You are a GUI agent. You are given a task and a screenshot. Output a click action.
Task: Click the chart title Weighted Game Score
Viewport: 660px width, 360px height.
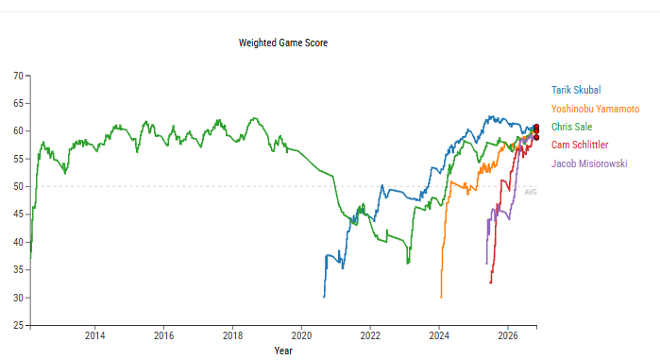click(283, 43)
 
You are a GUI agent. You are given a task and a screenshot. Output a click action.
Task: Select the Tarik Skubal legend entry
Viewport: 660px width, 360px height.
click(576, 90)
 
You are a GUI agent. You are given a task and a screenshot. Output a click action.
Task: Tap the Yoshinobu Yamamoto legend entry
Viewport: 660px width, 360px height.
click(595, 109)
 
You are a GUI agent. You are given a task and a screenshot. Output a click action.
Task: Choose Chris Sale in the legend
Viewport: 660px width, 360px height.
click(571, 127)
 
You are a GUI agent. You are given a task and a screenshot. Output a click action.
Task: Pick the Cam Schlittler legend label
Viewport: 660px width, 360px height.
click(580, 145)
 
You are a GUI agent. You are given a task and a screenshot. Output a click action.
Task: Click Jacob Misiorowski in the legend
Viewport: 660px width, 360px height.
click(589, 163)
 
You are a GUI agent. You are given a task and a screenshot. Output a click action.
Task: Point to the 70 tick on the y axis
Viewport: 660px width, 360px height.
click(18, 76)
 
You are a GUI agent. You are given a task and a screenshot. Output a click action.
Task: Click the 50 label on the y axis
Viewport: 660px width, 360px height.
click(18, 186)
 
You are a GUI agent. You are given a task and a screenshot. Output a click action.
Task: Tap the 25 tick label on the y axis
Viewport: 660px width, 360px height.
click(18, 325)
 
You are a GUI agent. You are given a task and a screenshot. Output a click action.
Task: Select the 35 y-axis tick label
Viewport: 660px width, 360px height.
click(18, 270)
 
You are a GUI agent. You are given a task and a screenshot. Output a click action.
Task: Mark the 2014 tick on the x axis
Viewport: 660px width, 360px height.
click(94, 335)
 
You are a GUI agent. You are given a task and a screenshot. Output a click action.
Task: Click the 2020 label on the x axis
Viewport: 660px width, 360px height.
click(301, 335)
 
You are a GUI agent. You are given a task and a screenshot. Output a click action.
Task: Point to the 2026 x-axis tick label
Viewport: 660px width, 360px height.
click(508, 335)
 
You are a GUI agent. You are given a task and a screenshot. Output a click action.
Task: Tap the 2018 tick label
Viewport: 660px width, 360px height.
click(232, 335)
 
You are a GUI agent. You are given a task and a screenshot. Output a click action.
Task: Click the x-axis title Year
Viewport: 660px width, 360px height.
click(283, 351)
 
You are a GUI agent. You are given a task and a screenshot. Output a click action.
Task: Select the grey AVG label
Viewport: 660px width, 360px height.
click(531, 193)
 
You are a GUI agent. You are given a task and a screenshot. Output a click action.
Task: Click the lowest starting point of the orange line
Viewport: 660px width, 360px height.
click(441, 298)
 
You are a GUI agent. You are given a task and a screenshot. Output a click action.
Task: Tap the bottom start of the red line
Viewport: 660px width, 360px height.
click(491, 283)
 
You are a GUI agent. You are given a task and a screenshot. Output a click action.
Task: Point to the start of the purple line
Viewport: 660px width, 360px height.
click(486, 264)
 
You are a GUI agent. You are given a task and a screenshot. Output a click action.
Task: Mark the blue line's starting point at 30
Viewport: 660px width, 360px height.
click(324, 298)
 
